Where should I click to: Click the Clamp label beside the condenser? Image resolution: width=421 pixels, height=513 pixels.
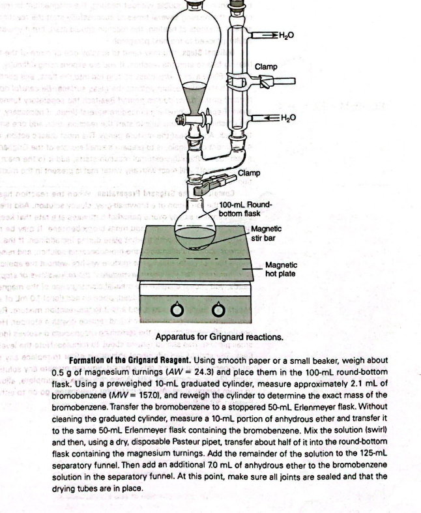pyautogui.click(x=265, y=66)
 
